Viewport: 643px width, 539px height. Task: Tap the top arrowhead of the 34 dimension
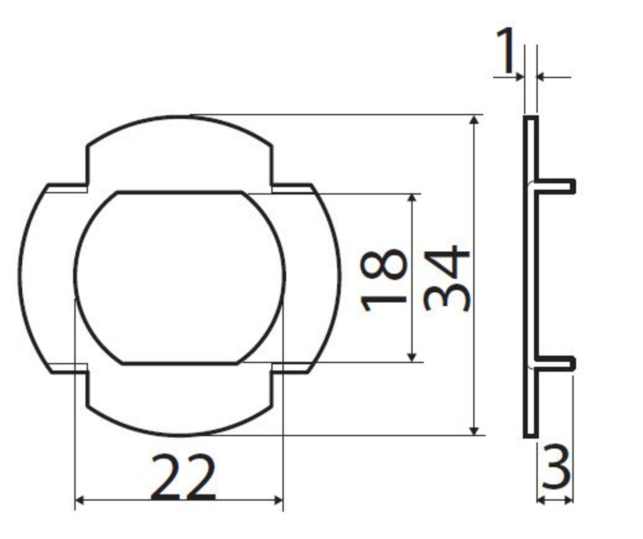[474, 120]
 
